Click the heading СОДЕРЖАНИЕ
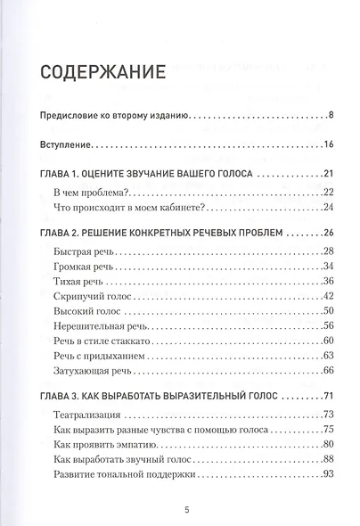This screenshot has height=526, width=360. pos(110,70)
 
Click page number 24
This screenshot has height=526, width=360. pos(327,210)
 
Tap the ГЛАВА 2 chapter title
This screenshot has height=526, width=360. pos(161,234)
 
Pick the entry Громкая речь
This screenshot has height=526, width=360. pos(89,267)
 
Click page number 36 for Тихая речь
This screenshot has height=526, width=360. pos(327,282)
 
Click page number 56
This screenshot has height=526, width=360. pos(327,327)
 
